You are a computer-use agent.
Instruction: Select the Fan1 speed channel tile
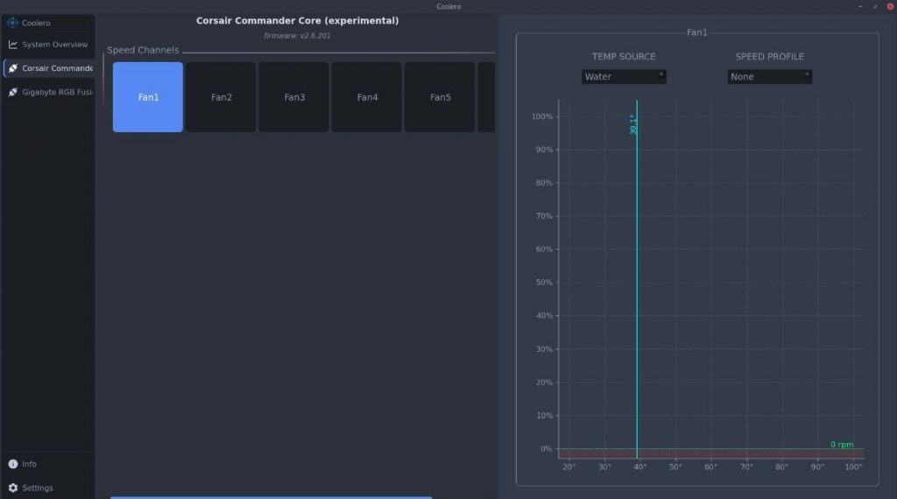pyautogui.click(x=148, y=97)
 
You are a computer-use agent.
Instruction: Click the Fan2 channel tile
pyautogui.click(x=221, y=97)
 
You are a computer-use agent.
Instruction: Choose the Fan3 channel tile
pyautogui.click(x=294, y=97)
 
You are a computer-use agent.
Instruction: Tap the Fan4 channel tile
pyautogui.click(x=367, y=97)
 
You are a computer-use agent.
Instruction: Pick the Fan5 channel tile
pyautogui.click(x=440, y=97)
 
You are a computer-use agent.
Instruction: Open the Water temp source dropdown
pyautogui.click(x=624, y=77)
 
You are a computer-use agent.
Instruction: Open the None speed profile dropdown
pyautogui.click(x=769, y=77)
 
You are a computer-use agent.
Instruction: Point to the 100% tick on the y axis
pyautogui.click(x=542, y=117)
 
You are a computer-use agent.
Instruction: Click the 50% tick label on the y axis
pyautogui.click(x=544, y=283)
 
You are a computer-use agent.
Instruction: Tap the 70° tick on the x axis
pyautogui.click(x=746, y=467)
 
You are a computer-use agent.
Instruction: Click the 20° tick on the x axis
pyautogui.click(x=569, y=467)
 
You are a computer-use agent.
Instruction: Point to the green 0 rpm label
pyautogui.click(x=842, y=445)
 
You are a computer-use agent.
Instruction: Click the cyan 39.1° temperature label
pyautogui.click(x=633, y=124)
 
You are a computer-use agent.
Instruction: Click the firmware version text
pyautogui.click(x=297, y=36)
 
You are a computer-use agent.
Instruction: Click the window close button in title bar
pyautogui.click(x=887, y=6)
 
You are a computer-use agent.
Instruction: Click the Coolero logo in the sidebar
pyautogui.click(x=12, y=23)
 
